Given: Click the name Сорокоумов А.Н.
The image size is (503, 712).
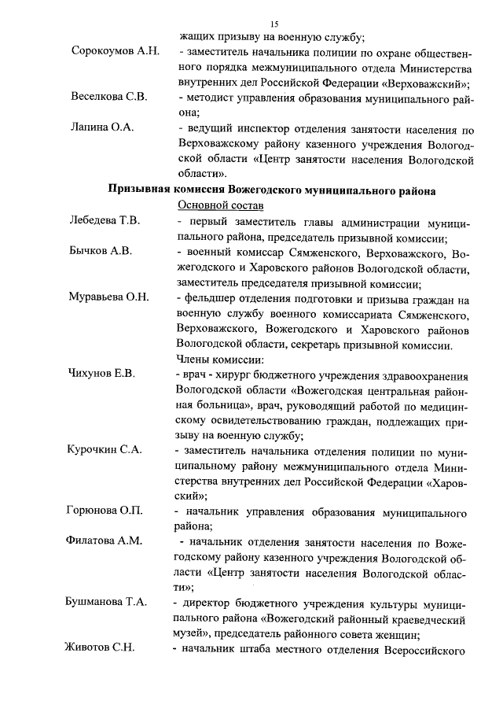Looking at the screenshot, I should click(x=115, y=52).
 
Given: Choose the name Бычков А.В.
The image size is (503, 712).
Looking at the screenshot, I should click(x=99, y=251).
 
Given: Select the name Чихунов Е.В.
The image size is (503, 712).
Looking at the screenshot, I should click(x=103, y=374).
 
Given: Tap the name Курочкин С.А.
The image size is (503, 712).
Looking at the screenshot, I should click(x=104, y=450).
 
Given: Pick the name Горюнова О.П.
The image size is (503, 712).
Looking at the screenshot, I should click(x=105, y=511).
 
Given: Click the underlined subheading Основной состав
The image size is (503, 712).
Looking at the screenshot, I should click(x=217, y=205).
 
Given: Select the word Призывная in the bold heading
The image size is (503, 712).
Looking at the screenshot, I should click(x=138, y=190).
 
